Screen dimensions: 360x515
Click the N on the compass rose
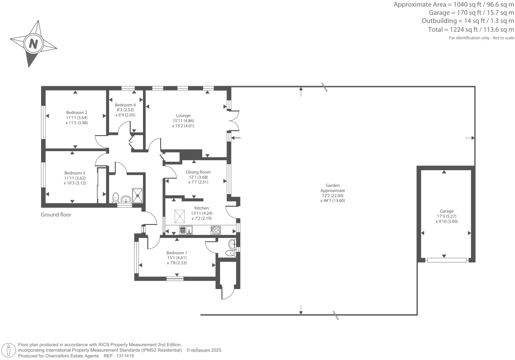[33, 43]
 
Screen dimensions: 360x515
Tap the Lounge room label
[183, 116]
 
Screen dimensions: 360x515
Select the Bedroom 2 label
[77, 112]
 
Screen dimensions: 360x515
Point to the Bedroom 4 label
[125, 105]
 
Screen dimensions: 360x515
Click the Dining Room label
[198, 172]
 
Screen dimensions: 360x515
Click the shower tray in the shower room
[138, 195]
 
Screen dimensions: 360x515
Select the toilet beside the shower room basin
[116, 197]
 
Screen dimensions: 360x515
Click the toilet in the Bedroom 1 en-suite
[230, 253]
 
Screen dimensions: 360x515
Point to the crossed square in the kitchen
[180, 216]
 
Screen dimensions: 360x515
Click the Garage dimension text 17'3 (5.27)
[446, 216]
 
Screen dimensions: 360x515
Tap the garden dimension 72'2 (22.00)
[333, 196]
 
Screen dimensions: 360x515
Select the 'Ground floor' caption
[56, 215]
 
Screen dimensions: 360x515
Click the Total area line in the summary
[471, 30]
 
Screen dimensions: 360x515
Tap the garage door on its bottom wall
[447, 260]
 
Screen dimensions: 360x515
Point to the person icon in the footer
[9, 350]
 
